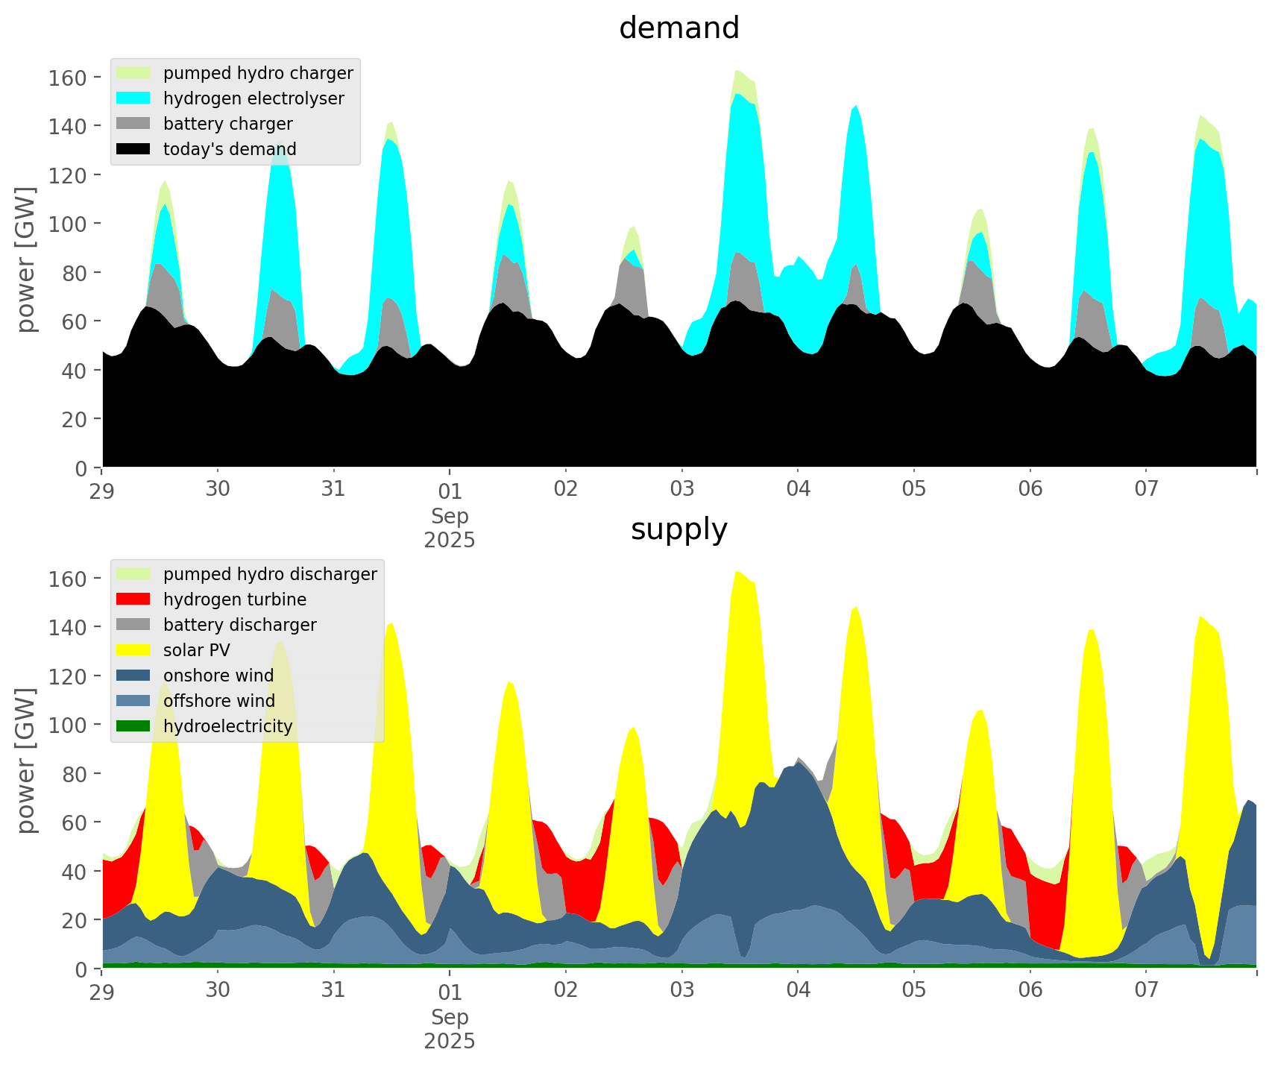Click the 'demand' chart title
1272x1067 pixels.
point(678,28)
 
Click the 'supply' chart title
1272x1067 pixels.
point(678,529)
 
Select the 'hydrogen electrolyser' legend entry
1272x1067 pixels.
point(254,98)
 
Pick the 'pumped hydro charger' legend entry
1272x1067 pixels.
point(258,73)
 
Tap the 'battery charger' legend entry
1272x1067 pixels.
point(227,124)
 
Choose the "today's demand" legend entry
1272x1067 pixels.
point(230,149)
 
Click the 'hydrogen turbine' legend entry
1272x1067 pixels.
point(235,599)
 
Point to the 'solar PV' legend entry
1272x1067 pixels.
point(197,650)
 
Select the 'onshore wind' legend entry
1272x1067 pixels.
point(218,676)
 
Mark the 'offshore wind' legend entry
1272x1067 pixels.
point(219,701)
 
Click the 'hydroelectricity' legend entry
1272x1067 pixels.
point(227,726)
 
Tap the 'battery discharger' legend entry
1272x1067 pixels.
point(239,625)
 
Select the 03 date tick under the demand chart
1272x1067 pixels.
point(681,489)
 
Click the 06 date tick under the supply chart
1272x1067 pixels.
point(1030,990)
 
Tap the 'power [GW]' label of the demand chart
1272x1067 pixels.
point(26,259)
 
